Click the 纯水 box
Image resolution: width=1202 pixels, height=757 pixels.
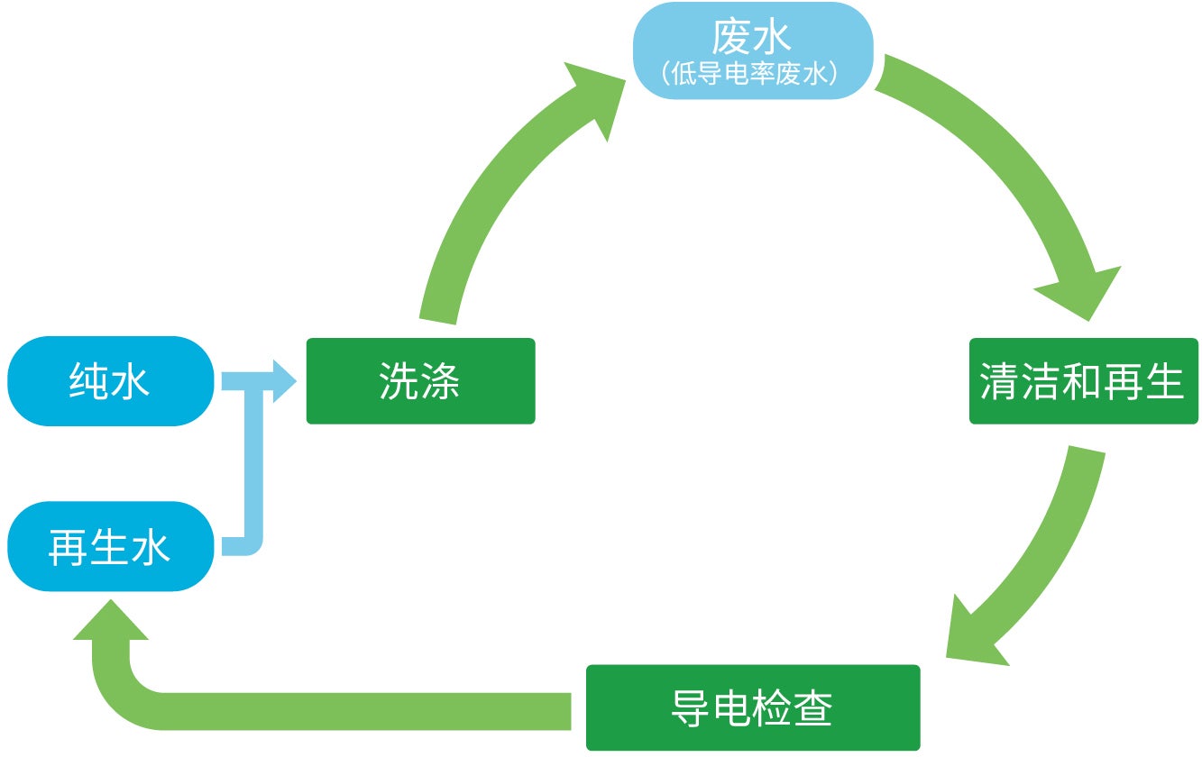110,381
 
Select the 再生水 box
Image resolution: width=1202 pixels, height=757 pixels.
110,546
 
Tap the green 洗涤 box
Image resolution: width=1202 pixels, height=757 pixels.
420,380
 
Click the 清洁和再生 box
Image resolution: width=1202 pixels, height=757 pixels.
1083,381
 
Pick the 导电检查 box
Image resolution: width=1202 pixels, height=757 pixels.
752,707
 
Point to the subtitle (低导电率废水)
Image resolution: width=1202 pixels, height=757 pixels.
751,74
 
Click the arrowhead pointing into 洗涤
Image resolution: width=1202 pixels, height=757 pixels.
281,380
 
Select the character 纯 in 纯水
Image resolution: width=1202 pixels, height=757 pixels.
88,381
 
